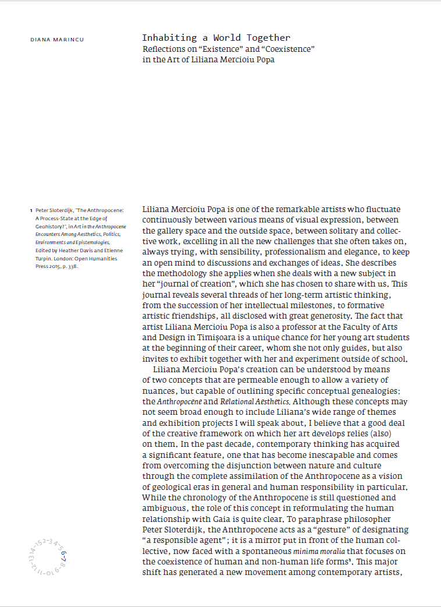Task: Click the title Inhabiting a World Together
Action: [216, 38]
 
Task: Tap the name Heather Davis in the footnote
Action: [75, 250]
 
